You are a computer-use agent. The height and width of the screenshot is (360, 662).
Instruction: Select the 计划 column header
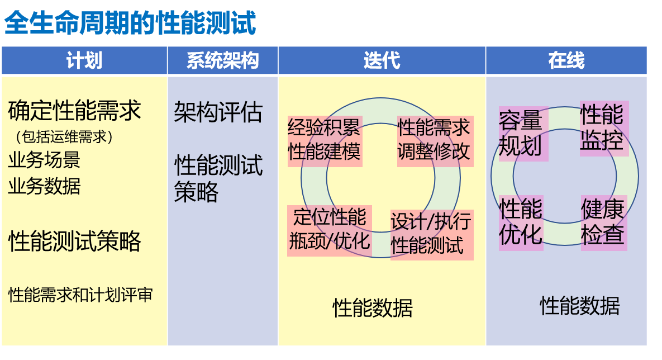tap(84, 60)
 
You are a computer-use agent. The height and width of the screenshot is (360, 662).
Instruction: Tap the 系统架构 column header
tap(222, 60)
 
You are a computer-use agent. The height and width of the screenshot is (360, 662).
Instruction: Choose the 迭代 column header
tap(382, 60)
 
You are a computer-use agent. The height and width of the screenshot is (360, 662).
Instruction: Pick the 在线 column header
tap(566, 60)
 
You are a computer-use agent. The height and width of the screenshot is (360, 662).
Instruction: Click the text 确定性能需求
tap(75, 111)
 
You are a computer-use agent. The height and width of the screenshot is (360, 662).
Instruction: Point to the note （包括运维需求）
tap(64, 136)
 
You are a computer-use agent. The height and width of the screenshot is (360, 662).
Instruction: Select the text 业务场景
tap(44, 160)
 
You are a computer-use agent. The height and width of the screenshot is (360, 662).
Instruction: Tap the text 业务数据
tap(44, 186)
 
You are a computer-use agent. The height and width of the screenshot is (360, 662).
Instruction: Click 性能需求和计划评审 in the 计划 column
tap(80, 295)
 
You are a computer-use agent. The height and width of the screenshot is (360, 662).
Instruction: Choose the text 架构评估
tap(218, 112)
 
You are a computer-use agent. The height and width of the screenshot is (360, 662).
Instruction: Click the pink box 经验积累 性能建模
tap(325, 141)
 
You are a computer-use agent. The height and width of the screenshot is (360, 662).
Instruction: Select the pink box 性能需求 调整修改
tap(435, 141)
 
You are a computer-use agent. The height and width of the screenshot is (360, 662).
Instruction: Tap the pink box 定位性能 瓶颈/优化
tap(330, 231)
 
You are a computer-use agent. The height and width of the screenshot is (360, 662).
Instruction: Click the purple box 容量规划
tap(522, 134)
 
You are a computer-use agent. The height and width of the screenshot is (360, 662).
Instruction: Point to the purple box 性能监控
tap(603, 128)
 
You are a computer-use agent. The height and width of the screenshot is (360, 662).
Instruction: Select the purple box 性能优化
tap(521, 222)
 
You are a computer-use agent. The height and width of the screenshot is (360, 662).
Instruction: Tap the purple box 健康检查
tap(603, 222)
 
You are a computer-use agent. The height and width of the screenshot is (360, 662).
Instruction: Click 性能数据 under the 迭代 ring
tap(373, 307)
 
